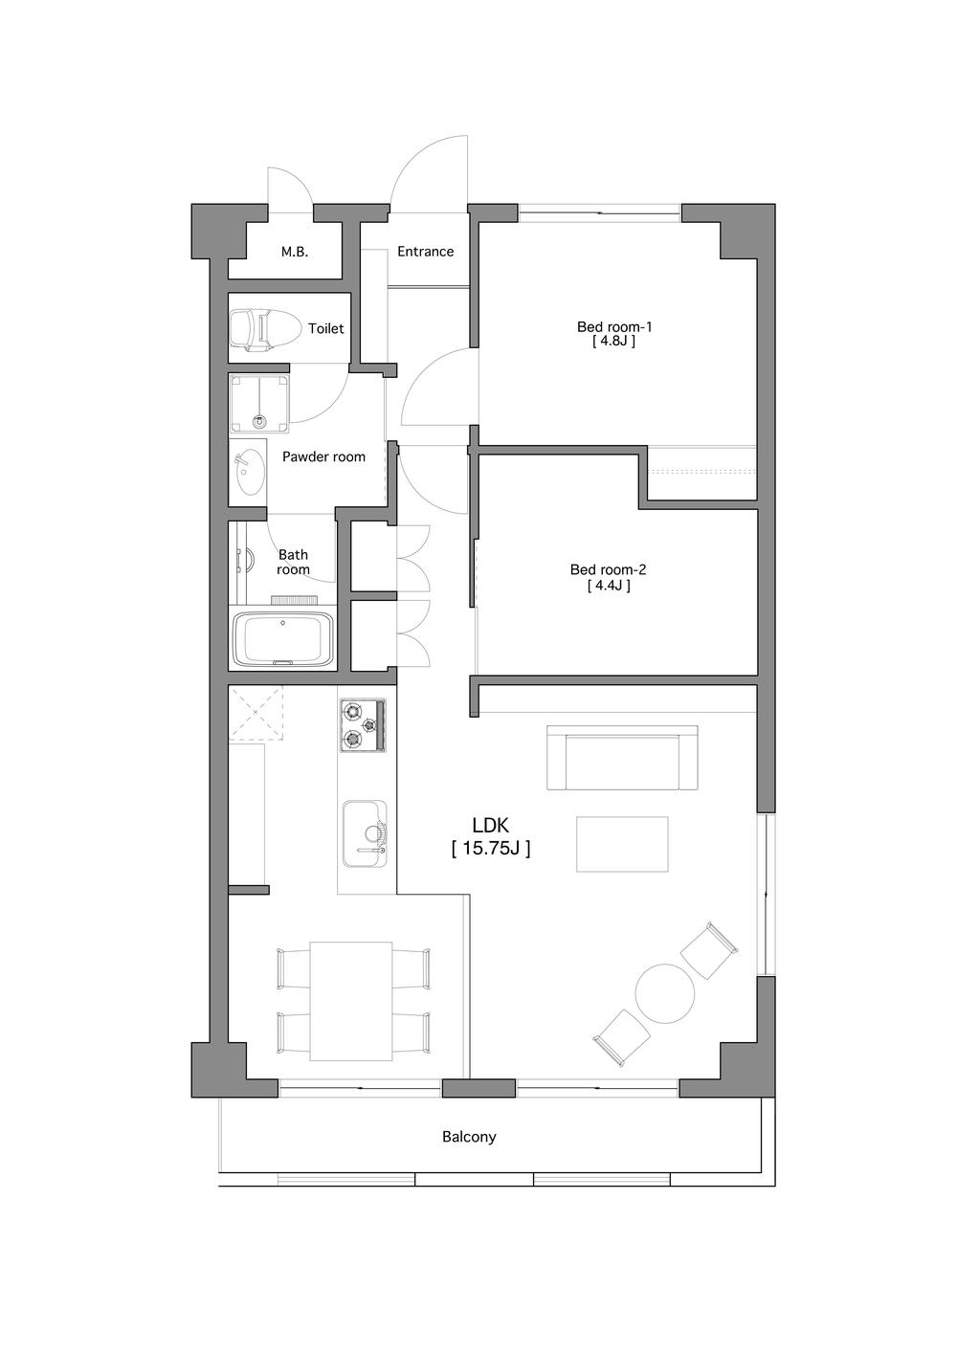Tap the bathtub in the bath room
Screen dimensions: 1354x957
point(282,639)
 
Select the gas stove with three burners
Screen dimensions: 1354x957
point(362,724)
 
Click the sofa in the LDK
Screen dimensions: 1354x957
point(622,758)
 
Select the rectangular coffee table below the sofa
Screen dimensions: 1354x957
point(622,843)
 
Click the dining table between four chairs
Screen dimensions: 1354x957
point(351,1001)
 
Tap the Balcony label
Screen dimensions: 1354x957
point(469,1137)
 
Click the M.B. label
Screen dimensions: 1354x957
point(295,253)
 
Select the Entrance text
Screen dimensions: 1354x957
point(425,252)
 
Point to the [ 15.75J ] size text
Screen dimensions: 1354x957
point(490,848)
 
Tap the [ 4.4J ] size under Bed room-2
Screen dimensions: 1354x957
point(608,586)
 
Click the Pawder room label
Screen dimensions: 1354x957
point(323,457)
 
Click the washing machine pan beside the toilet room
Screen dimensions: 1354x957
point(259,403)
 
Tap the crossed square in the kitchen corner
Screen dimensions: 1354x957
point(256,715)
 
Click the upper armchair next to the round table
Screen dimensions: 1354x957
point(710,950)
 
